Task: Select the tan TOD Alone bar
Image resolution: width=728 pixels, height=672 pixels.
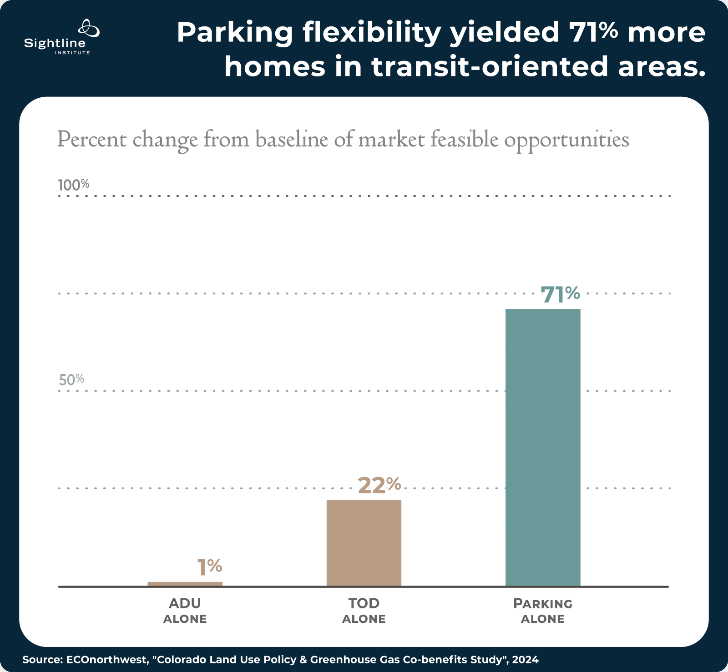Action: point(364,543)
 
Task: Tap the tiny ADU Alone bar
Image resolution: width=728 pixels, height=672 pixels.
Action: point(185,584)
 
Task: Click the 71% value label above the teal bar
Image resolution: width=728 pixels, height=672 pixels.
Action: point(560,295)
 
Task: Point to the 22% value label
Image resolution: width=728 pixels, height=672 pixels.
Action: point(379,485)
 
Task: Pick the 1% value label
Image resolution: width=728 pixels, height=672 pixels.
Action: point(209,567)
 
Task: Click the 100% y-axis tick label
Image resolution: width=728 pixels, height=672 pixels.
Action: point(73,185)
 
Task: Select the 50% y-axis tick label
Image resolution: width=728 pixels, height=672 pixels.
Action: point(71,380)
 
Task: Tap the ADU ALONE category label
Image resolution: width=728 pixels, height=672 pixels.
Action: point(185,611)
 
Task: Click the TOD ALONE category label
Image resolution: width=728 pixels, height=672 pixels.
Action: point(364,611)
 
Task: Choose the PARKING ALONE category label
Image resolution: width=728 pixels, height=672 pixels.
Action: point(543,611)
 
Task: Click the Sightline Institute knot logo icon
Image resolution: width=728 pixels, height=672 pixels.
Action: point(89,29)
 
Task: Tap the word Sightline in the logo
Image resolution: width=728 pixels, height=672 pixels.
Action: point(55,44)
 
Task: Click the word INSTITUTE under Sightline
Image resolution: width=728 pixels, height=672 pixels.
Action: point(72,53)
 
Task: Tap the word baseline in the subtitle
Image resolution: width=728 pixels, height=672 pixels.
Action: point(291,139)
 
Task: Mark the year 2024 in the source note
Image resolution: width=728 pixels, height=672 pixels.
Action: point(526,659)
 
